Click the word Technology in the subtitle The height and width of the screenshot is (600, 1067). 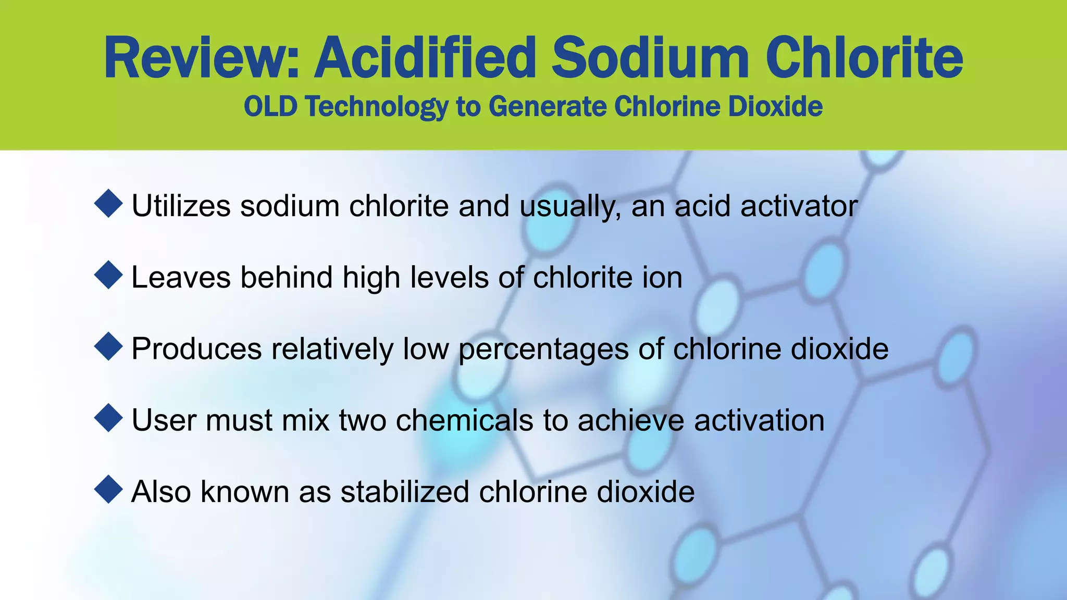tap(377, 107)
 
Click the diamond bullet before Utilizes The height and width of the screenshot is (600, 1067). tap(108, 204)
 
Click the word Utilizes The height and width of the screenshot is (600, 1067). tap(181, 206)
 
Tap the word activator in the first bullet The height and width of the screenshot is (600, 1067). tap(799, 206)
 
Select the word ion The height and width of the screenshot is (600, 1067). tap(662, 277)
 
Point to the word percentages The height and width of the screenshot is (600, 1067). tap(544, 349)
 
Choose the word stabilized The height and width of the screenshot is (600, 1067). tap(405, 491)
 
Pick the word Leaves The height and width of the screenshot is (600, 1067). tap(181, 277)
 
